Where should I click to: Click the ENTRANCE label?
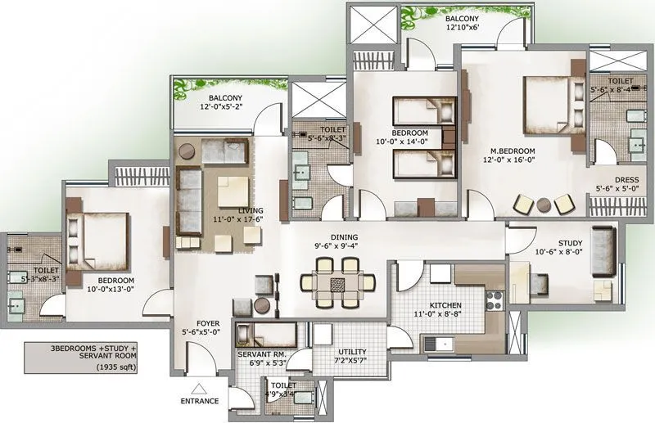click(200, 402)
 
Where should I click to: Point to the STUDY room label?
click(548, 243)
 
